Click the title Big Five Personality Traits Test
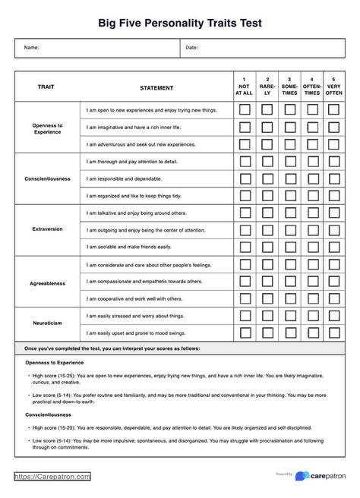tap(180, 24)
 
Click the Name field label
tap(32, 48)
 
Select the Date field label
tap(192, 48)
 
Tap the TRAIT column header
tap(46, 87)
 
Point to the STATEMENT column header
tap(156, 88)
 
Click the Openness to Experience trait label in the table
tap(47, 128)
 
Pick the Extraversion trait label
tap(47, 229)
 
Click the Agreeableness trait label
tap(47, 282)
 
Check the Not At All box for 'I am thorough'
tap(245, 161)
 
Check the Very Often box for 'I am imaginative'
tap(333, 128)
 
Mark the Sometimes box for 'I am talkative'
tap(289, 213)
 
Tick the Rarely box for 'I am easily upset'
tap(267, 333)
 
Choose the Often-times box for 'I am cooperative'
tap(311, 299)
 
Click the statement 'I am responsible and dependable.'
tap(124, 178)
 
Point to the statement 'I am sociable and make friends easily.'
tap(129, 247)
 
